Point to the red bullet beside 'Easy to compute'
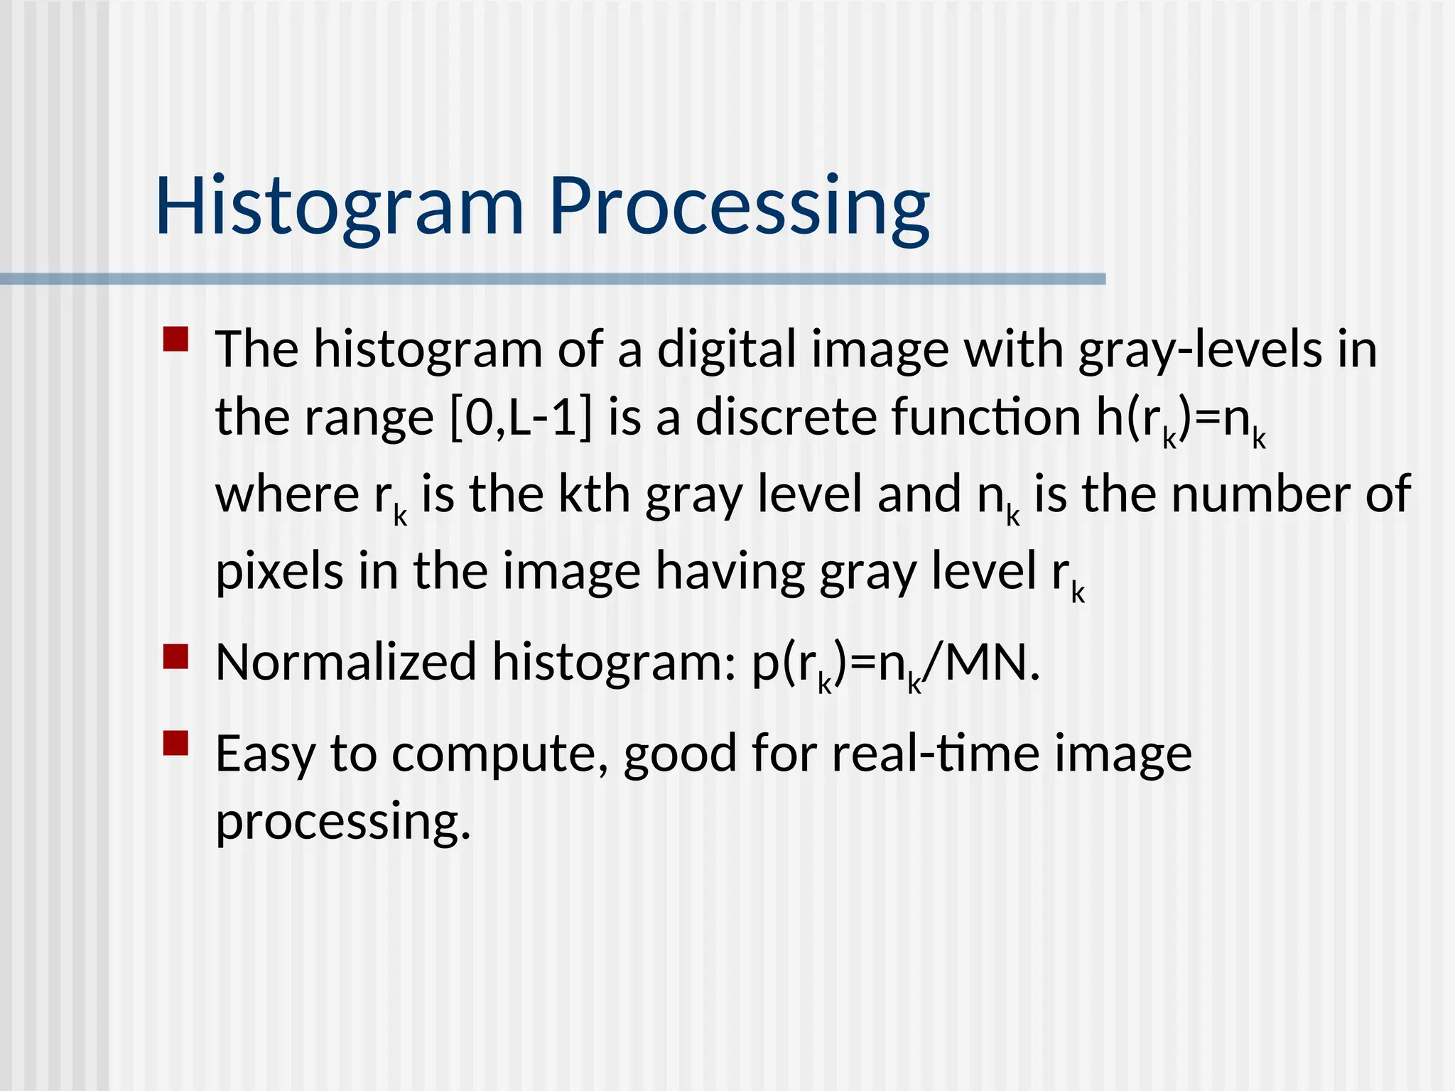point(175,743)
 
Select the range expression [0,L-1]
point(521,418)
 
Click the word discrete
point(786,418)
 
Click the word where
point(288,494)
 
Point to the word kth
point(594,494)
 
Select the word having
point(730,571)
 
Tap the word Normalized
point(346,662)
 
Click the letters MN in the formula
point(985,662)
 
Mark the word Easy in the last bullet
point(265,754)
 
